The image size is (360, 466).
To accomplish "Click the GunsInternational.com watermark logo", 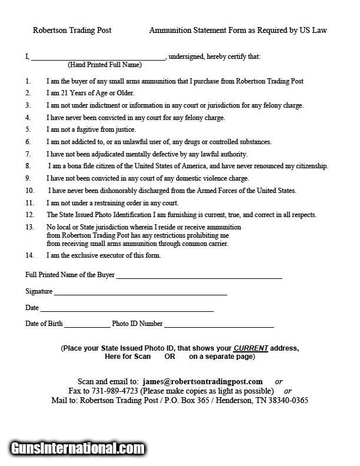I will [78, 449].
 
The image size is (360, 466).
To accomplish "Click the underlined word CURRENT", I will [251, 348].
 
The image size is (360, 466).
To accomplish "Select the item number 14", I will [29, 255].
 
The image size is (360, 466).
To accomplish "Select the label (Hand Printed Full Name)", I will [105, 65].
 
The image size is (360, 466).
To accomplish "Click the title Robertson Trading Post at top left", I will [72, 30].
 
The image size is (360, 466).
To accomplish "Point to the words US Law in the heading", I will [312, 30].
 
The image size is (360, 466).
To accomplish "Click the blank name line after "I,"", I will [98, 57].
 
